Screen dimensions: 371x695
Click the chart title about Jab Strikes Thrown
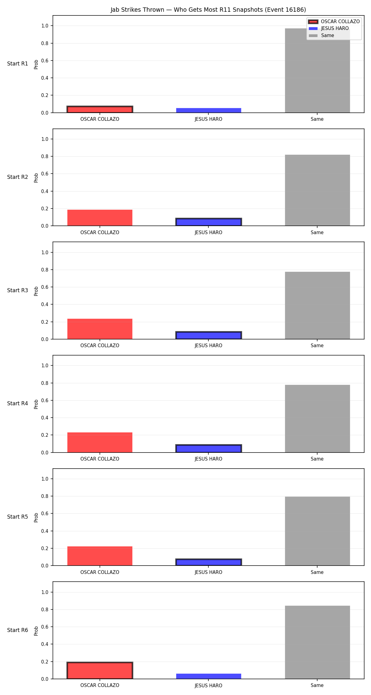coord(208,10)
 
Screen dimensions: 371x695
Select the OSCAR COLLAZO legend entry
coord(334,22)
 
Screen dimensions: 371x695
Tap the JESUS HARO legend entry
coord(329,28)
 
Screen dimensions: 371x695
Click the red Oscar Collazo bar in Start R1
coord(100,109)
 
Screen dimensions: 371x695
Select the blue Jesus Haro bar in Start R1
coord(209,110)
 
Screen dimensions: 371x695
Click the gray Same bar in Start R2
coord(318,190)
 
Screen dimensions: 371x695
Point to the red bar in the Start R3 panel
coord(100,329)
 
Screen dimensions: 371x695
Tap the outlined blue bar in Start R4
coord(209,449)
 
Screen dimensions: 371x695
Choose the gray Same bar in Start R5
coord(318,531)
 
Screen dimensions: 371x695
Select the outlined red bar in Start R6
coord(100,670)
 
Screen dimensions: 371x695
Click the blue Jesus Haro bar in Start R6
coord(209,676)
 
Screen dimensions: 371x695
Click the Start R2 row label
coord(18,177)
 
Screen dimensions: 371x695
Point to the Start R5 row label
coord(18,517)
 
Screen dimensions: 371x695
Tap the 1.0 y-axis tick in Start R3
coord(45,252)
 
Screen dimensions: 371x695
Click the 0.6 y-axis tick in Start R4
coord(45,400)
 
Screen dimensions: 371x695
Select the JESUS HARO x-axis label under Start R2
coord(208,233)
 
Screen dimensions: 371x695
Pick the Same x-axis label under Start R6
coord(317,685)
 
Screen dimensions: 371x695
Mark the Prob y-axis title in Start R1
coord(36,64)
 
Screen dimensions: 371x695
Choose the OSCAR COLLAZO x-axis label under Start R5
coord(100,572)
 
